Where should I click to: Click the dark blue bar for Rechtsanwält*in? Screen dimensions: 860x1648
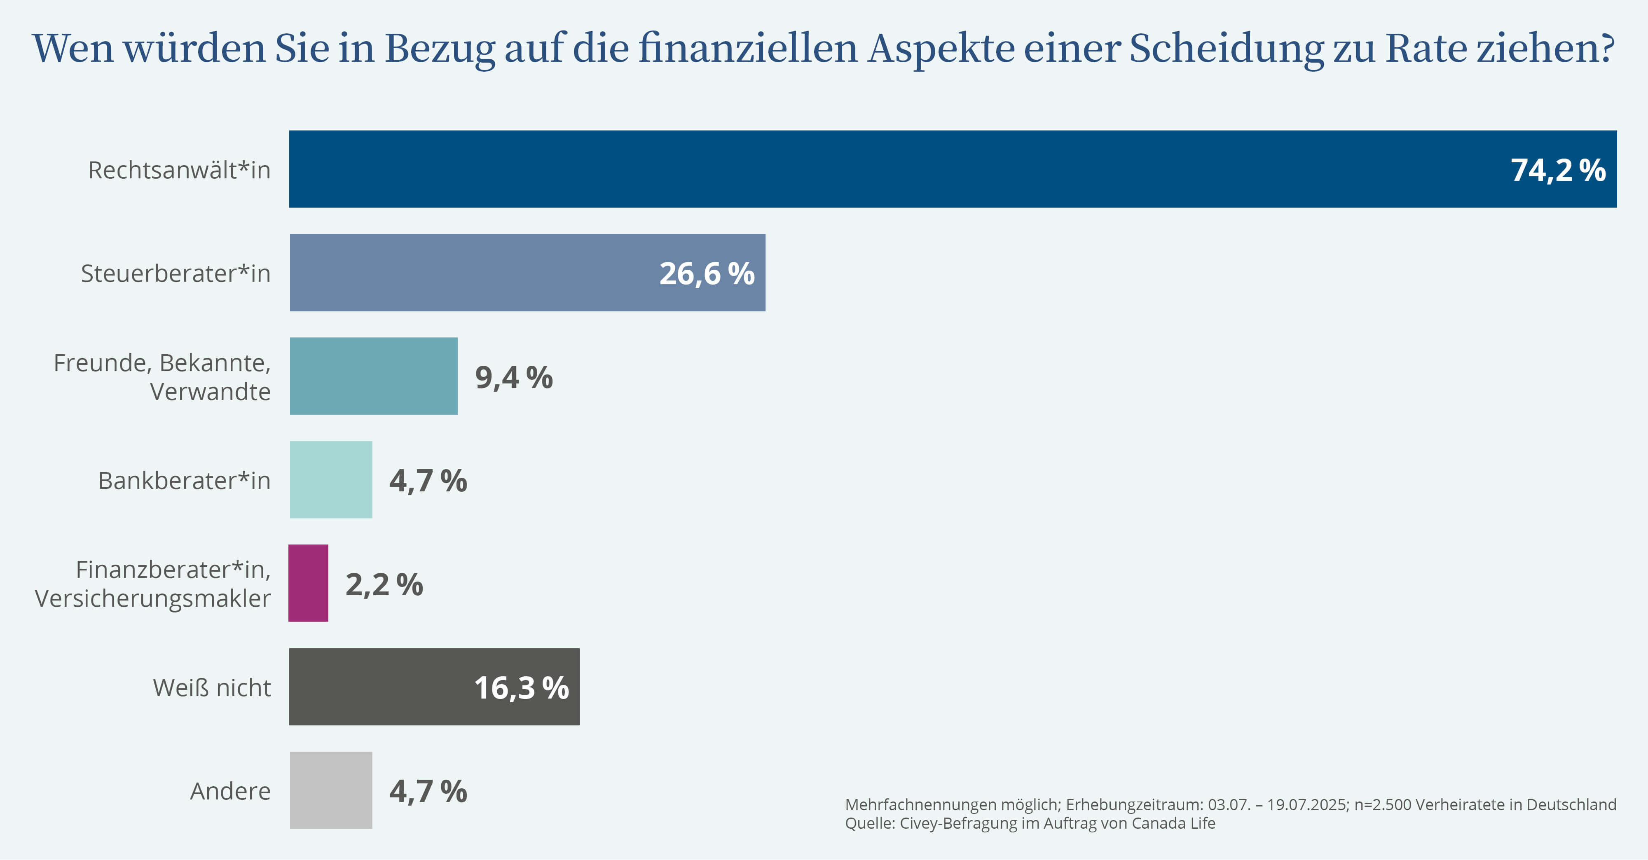click(896, 169)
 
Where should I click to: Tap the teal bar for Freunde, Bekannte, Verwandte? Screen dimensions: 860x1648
click(374, 376)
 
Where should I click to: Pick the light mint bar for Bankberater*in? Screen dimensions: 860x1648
click(331, 479)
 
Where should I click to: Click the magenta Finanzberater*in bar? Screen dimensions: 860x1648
click(308, 583)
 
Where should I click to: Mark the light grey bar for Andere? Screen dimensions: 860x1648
click(331, 790)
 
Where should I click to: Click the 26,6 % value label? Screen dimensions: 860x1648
click(707, 273)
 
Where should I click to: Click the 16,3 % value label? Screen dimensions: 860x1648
click(522, 688)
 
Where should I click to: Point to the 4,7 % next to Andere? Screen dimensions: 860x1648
click(428, 792)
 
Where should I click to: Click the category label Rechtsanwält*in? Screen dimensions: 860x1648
click(179, 170)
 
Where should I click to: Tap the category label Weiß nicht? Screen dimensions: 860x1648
click(212, 688)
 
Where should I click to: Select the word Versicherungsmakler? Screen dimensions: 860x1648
click(152, 598)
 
